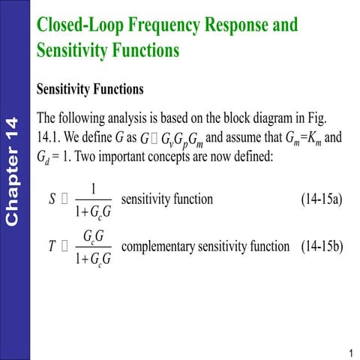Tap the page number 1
click(350, 353)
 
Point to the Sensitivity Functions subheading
click(90, 89)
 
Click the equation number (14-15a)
click(321, 199)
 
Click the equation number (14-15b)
click(321, 246)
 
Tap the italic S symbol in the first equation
click(52, 199)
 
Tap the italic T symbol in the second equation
click(52, 247)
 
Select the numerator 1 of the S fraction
click(93, 189)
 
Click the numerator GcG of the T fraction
click(94, 236)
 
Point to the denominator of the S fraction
click(94, 212)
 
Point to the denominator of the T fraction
click(94, 259)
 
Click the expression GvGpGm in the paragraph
click(177, 140)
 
